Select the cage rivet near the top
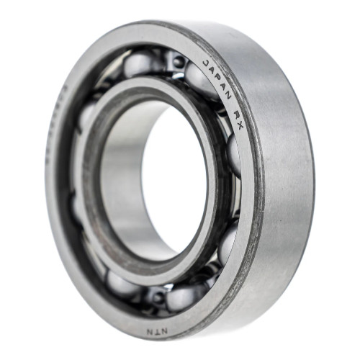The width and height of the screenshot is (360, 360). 178,63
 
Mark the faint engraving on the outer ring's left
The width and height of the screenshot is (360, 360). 56,122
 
